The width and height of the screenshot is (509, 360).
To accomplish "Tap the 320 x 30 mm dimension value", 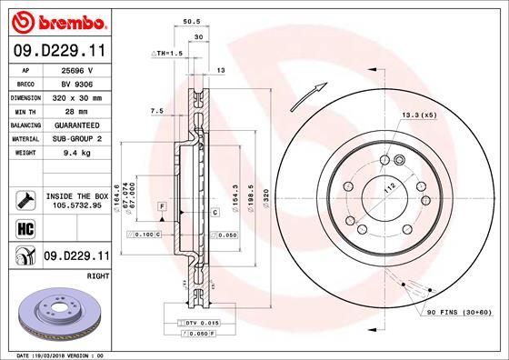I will coord(77,96).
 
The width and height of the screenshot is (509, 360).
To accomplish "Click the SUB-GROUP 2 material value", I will coord(77,138).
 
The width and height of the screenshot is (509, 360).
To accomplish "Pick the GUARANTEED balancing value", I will coord(77,125).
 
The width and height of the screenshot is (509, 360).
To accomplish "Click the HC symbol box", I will coord(25,227).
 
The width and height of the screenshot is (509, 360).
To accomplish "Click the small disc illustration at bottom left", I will coord(59,314).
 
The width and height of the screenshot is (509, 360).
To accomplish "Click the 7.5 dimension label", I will coord(155,111).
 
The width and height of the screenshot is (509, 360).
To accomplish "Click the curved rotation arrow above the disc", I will coord(310,94).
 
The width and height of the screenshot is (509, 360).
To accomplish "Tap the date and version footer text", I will coord(59,354).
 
